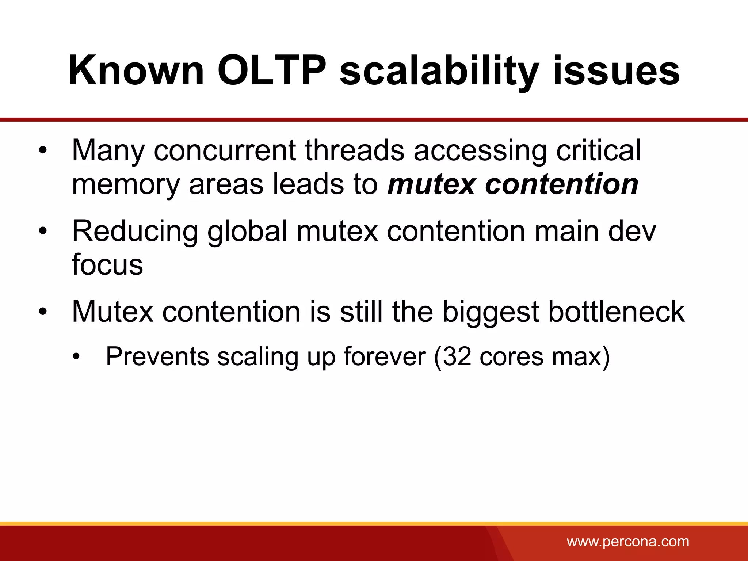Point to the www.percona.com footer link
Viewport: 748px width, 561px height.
(x=628, y=541)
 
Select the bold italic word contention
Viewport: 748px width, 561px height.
(x=561, y=184)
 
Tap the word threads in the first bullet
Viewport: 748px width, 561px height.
(x=354, y=150)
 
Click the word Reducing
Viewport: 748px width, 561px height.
(x=135, y=232)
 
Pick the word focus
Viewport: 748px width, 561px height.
(x=107, y=264)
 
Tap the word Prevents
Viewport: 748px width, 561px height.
(x=157, y=357)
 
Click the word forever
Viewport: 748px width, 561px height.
(x=384, y=357)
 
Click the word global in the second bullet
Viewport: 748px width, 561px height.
(x=247, y=232)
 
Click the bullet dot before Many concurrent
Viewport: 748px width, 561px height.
(x=43, y=150)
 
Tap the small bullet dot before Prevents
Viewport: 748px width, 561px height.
(x=76, y=357)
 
